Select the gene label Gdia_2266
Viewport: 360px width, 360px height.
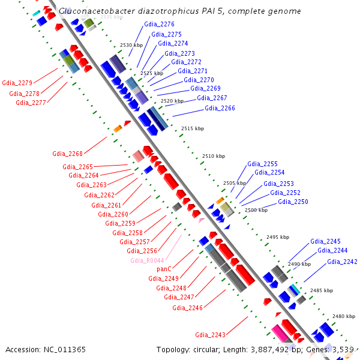click(220, 108)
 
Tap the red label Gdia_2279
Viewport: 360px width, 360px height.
click(17, 83)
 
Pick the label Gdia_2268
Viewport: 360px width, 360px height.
click(67, 153)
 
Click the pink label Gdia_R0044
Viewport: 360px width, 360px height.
click(147, 260)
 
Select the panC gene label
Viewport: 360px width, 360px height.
click(164, 269)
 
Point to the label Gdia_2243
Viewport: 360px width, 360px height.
click(210, 335)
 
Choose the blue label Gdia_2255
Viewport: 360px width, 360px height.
click(262, 164)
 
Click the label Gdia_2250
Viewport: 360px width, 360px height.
click(293, 202)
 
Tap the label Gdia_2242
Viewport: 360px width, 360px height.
click(342, 262)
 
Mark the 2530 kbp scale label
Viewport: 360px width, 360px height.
click(131, 45)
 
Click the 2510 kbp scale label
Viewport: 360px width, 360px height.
click(213, 156)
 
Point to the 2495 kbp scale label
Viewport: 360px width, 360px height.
click(277, 237)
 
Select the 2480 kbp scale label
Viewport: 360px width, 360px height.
click(344, 316)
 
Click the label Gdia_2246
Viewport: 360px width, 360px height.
click(187, 308)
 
